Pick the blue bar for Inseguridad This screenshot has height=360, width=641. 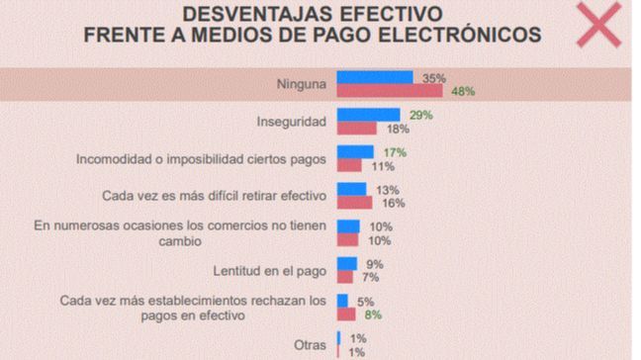[368, 115]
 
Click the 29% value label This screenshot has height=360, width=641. [419, 115]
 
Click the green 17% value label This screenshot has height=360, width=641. [395, 152]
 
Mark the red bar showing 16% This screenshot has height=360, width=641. [354, 202]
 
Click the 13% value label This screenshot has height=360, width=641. [388, 189]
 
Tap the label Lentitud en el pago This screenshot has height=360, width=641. [269, 269]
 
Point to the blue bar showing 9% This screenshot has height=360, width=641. [346, 263]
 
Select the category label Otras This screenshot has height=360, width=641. [309, 344]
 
